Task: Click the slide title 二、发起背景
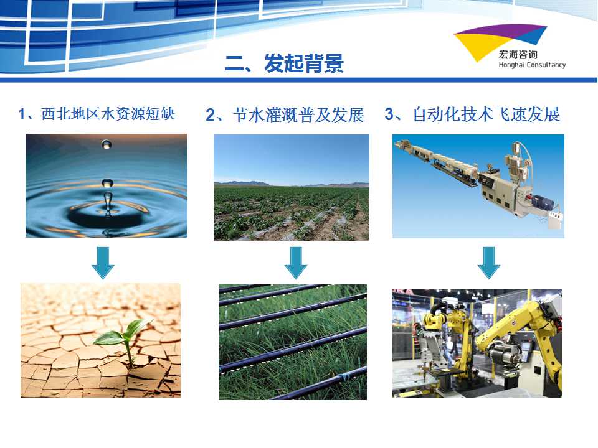point(284,63)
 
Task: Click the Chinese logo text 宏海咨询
point(518,55)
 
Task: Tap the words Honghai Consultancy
point(532,65)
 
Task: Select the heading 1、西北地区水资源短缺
point(97,113)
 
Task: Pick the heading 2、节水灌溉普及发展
point(285,114)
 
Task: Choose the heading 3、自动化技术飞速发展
point(472,114)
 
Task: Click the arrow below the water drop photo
point(103,263)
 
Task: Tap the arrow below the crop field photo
point(295,263)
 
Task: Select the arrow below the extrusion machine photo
point(489,263)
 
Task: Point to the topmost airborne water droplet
point(107,144)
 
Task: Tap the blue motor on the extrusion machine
point(542,203)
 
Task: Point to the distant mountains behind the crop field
point(292,184)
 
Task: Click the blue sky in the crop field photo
point(292,158)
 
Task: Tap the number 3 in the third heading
point(389,114)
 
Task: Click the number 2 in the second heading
point(210,115)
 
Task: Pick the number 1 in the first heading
point(22,113)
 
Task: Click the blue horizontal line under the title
point(298,80)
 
